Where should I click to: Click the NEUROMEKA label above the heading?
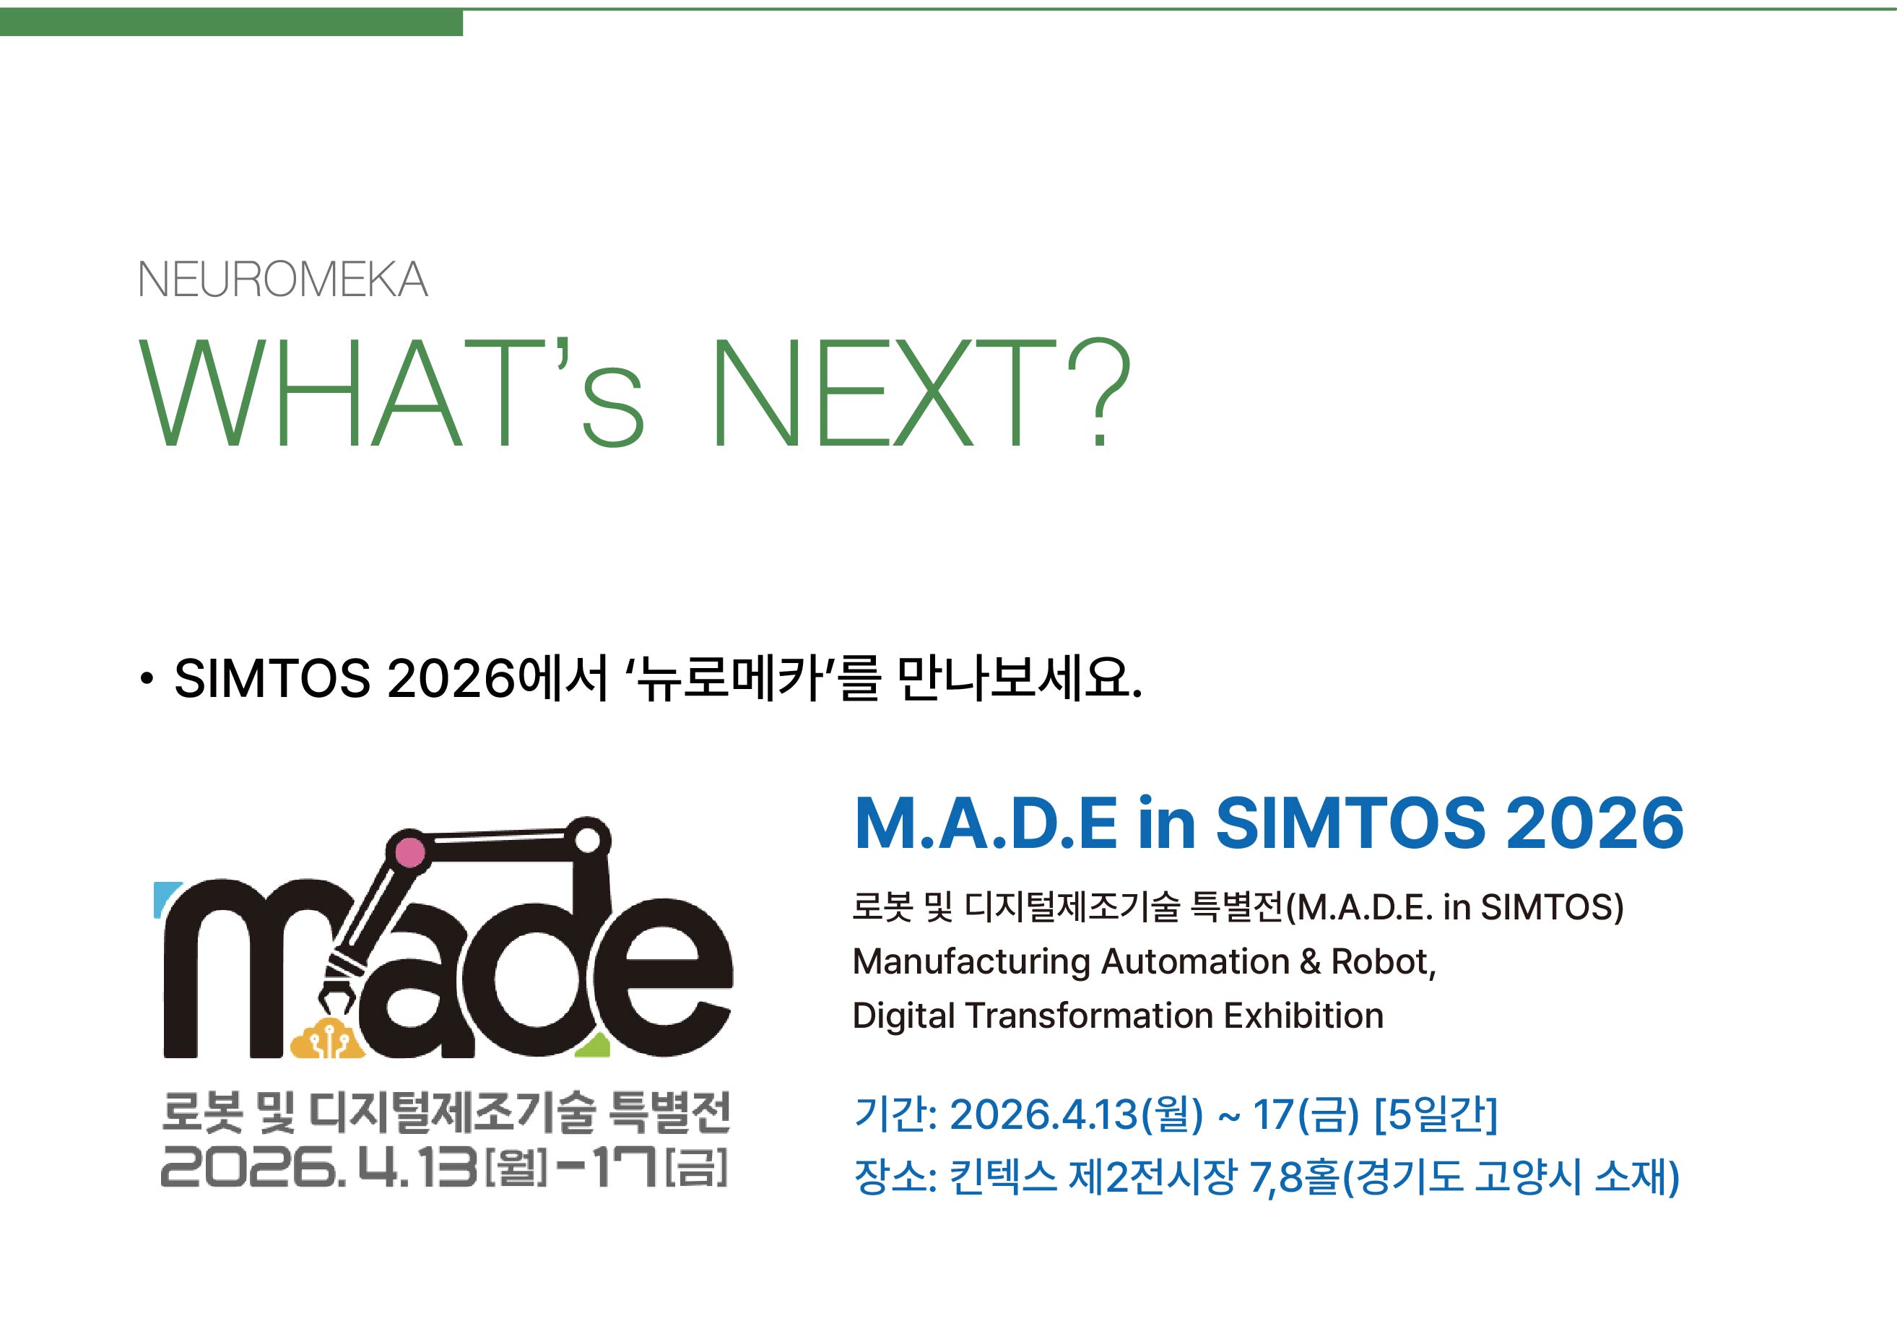(282, 280)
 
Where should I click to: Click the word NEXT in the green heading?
(884, 391)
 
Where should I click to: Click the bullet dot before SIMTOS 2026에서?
(147, 679)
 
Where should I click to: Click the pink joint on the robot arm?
(410, 852)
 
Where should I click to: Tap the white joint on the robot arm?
(588, 840)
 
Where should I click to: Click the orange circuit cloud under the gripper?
(326, 1039)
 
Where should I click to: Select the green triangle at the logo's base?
(594, 1045)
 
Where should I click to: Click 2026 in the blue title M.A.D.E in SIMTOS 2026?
(1594, 823)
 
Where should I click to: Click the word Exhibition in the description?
(1303, 1015)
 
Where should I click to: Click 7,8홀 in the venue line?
(1294, 1177)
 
